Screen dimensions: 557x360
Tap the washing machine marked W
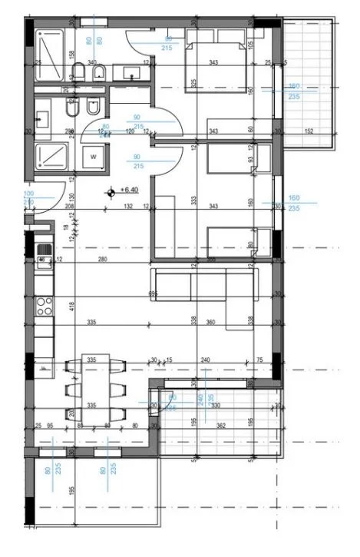point(94,156)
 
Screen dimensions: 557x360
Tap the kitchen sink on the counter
point(44,250)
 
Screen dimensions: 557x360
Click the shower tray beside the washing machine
point(53,155)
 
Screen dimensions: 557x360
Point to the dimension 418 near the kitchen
point(71,306)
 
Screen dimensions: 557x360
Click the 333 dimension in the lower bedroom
point(194,201)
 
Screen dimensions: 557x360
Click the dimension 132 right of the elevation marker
point(129,206)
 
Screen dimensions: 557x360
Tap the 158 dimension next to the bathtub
point(71,54)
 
